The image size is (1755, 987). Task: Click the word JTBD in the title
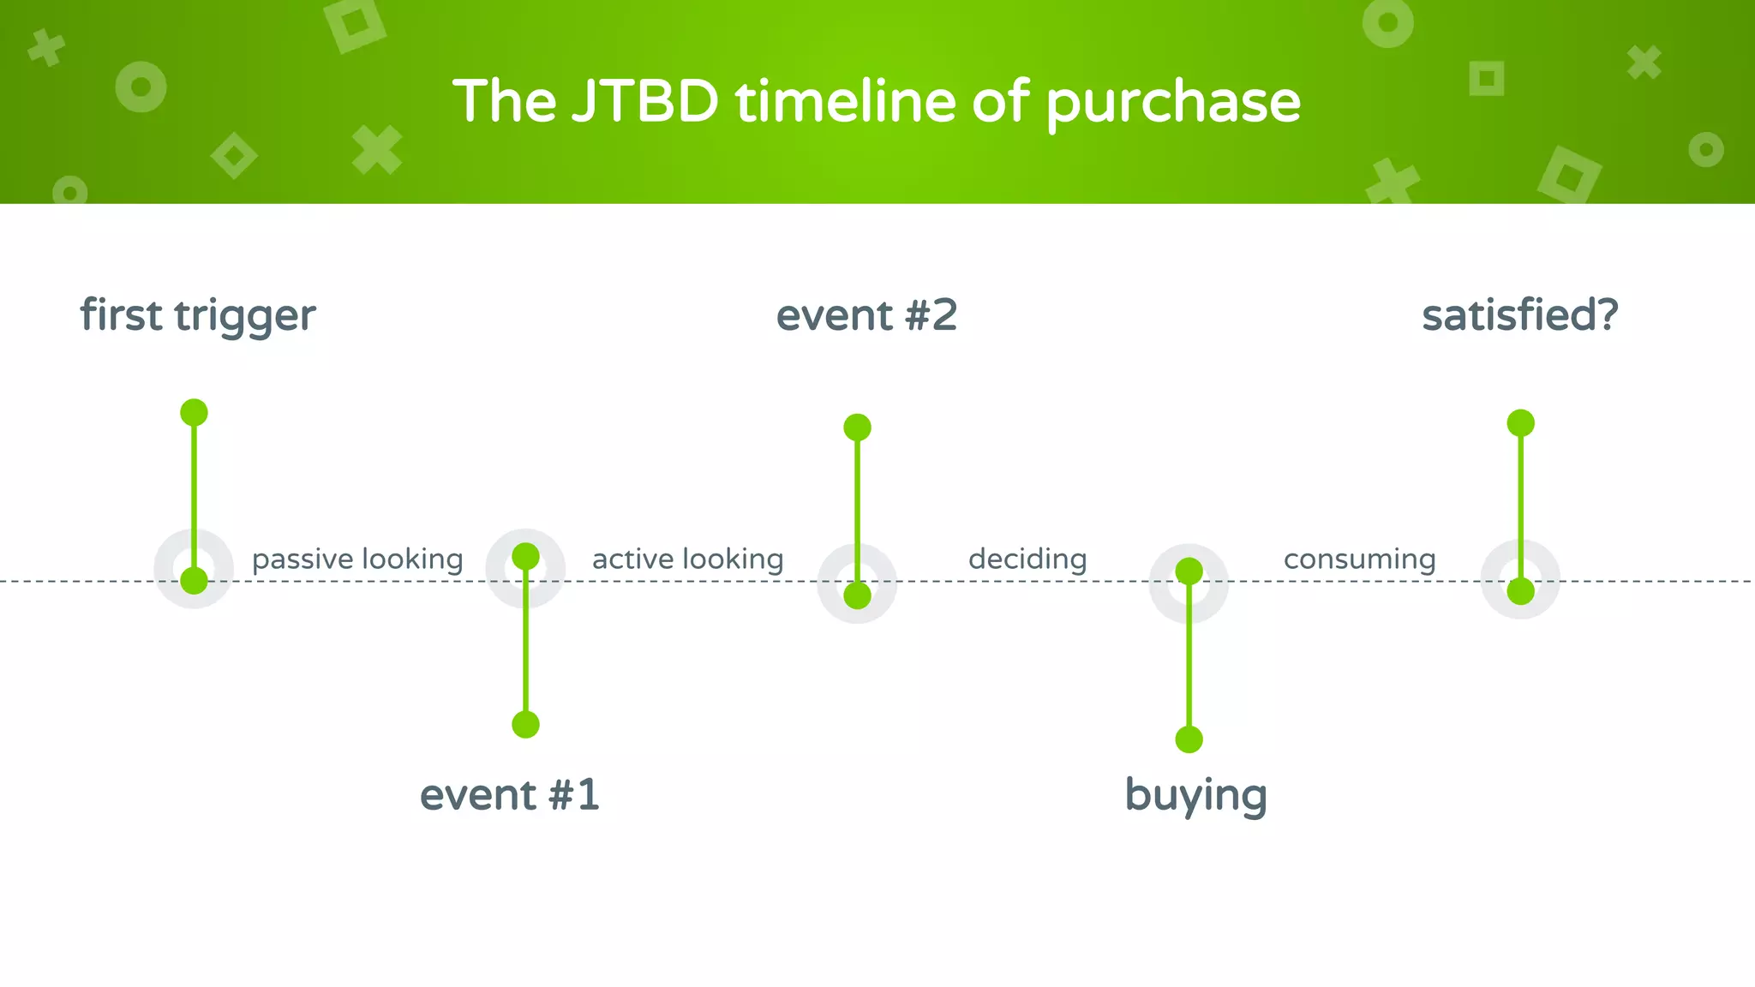644,102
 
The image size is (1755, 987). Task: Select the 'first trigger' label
198,315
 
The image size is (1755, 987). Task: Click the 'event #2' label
866,315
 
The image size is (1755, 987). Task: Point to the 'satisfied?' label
1519,315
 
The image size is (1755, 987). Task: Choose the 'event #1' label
509,795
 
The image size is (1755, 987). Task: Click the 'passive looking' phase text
357,559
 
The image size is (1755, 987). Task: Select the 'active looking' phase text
687,559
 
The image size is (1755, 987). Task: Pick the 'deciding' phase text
1027,559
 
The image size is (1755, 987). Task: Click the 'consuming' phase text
1359,559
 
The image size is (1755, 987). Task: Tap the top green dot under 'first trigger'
195,412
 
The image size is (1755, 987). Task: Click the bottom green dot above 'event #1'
525,725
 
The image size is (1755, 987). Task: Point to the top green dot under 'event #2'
857,427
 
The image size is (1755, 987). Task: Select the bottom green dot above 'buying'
1189,739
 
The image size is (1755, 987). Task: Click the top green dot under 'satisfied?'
1520,422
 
